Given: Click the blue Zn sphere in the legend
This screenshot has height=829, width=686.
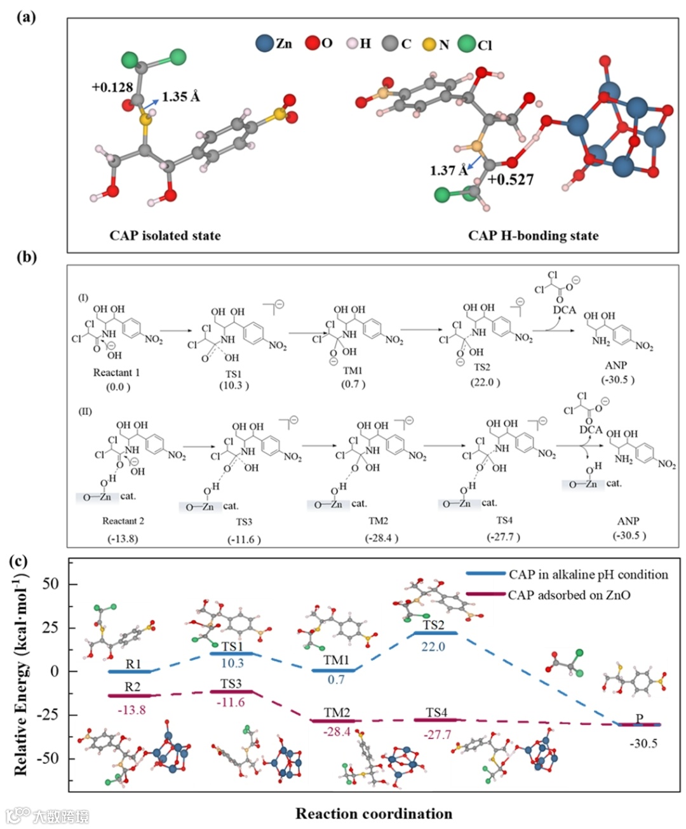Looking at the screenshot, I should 264,43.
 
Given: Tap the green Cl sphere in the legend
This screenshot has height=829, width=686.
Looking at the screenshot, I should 466,43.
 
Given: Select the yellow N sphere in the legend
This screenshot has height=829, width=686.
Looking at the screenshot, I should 429,44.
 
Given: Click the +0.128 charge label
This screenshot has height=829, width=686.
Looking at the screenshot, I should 112,87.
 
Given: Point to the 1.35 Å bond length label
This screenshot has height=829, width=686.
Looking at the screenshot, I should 180,97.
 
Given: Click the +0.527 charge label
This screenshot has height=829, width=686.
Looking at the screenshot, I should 511,180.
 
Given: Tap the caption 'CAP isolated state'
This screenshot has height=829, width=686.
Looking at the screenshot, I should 165,236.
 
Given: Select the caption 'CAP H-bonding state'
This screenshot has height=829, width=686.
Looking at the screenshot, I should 533,236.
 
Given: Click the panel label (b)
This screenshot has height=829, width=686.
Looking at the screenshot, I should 26,257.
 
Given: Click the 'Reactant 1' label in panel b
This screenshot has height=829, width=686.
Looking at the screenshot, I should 116,372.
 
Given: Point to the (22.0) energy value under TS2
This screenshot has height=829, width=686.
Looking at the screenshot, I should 485,382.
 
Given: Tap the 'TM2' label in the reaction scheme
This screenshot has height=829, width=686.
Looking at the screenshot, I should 379,521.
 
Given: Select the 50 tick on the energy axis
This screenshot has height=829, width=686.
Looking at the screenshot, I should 50,583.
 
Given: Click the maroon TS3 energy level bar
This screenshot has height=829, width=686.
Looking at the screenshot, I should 231,691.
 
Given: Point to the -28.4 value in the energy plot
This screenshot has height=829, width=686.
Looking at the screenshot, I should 337,732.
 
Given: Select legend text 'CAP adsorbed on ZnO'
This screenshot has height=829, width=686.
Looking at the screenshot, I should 569,595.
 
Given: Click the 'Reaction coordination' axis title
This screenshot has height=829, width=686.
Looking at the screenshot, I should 373,814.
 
